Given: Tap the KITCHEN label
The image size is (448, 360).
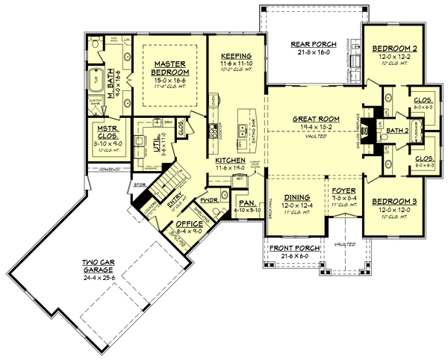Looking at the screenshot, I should point(231,161).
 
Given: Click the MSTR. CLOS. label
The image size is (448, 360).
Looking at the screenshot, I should point(102,132).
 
